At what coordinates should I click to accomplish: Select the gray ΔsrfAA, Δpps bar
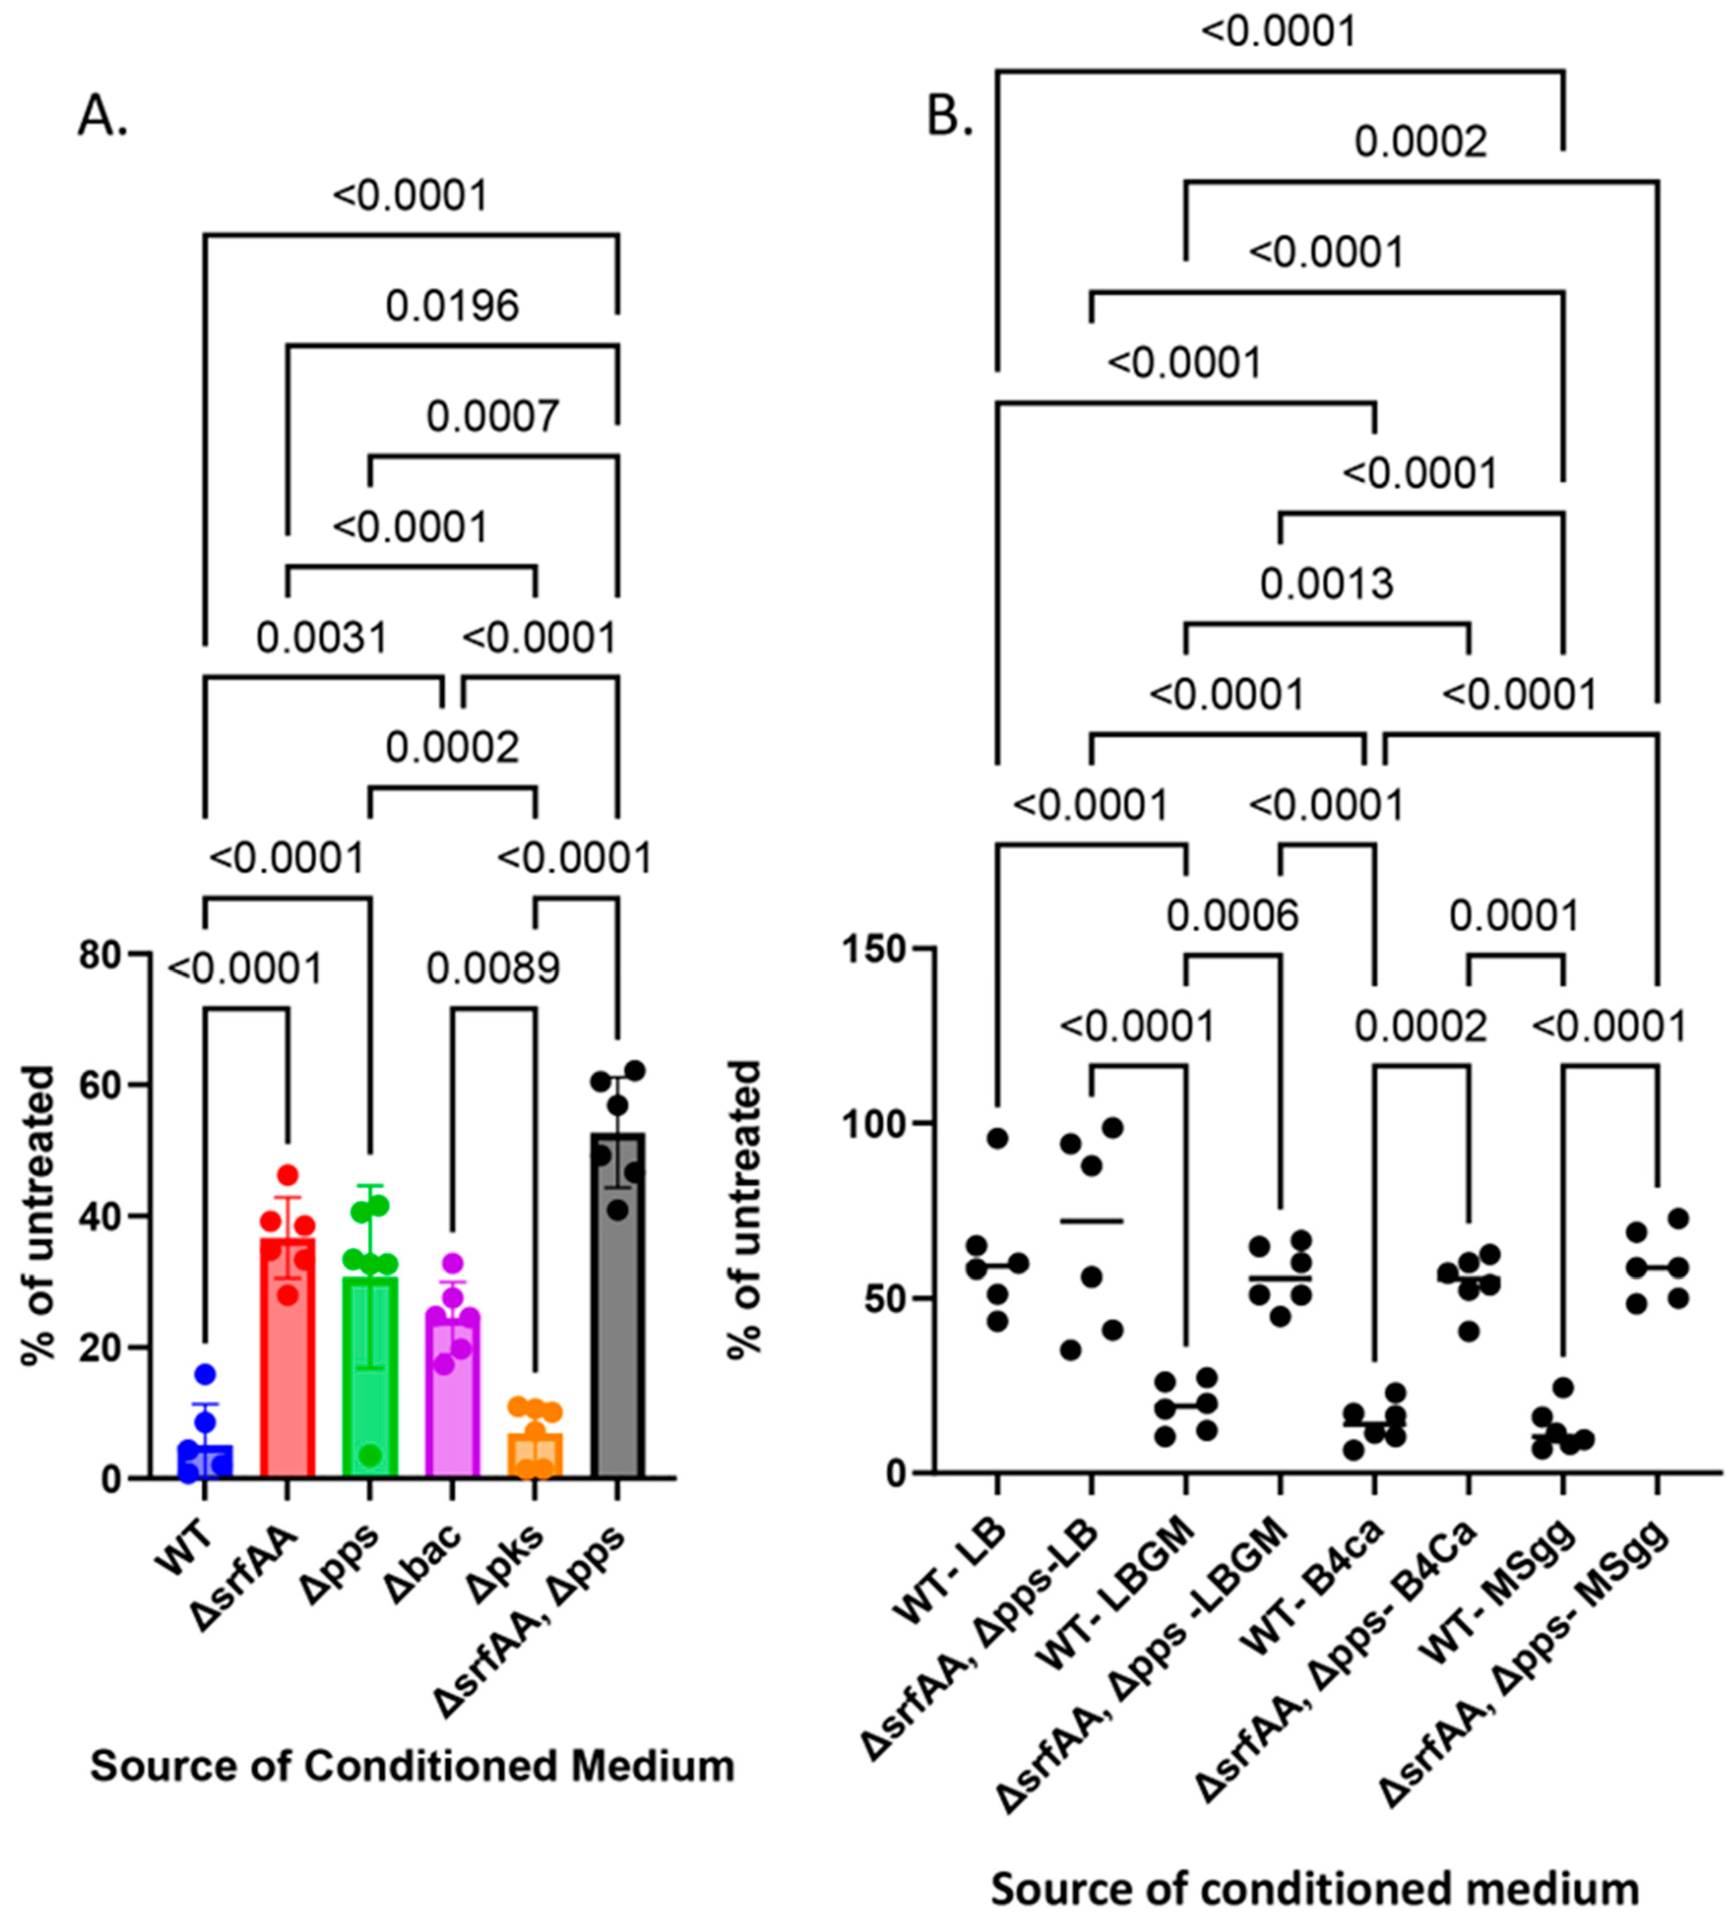pyautogui.click(x=618, y=1316)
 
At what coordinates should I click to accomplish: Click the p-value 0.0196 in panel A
pyautogui.click(x=452, y=307)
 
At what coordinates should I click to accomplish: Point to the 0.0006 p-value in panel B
pyautogui.click(x=1233, y=916)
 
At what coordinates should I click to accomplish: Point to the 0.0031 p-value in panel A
pyautogui.click(x=322, y=637)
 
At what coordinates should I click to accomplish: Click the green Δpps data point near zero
pyautogui.click(x=370, y=1456)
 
